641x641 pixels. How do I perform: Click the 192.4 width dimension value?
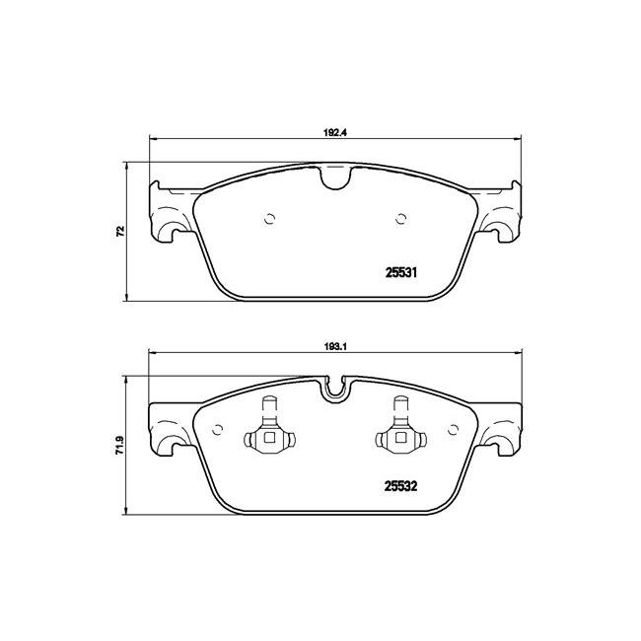tap(335, 133)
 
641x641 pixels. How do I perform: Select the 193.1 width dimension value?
tap(335, 346)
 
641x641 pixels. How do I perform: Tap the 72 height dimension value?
tap(120, 232)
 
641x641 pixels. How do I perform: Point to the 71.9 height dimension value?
tap(119, 445)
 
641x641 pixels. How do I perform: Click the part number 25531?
tap(401, 272)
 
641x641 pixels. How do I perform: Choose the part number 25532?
tap(400, 486)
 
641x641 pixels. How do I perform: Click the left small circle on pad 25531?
tap(269, 219)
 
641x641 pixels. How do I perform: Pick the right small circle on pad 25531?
tap(400, 219)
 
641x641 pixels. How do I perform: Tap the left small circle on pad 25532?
tap(218, 430)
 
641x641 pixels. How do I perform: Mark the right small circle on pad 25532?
tap(453, 430)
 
